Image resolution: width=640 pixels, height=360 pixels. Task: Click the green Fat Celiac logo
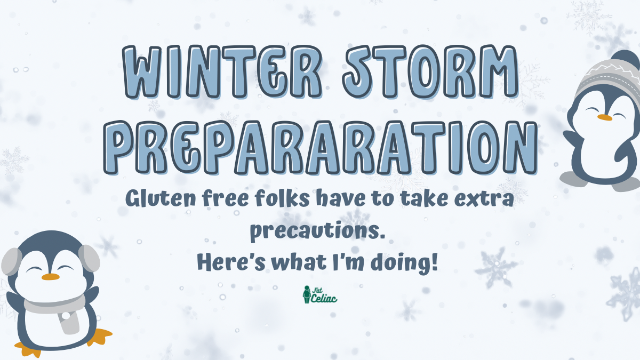pyautogui.click(x=319, y=294)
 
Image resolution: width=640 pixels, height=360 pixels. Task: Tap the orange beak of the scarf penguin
pyautogui.click(x=50, y=277)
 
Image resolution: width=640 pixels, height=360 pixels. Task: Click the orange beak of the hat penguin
pyautogui.click(x=604, y=117)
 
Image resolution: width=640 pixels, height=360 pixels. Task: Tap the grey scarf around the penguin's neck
pyautogui.click(x=53, y=308)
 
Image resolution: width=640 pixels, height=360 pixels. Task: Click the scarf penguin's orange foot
pyautogui.click(x=99, y=335)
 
